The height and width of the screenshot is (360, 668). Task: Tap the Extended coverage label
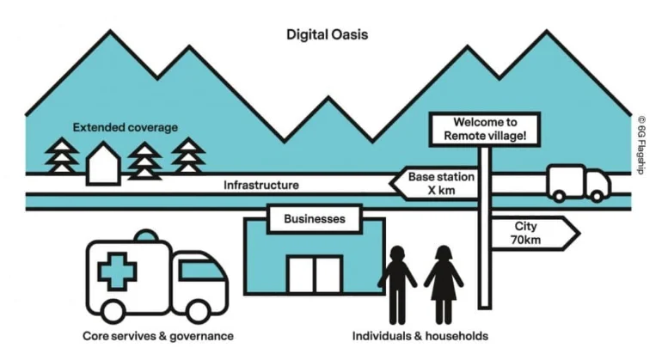tap(125, 128)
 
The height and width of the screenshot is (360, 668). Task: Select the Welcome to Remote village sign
tap(485, 129)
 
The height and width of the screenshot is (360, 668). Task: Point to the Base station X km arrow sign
tap(435, 183)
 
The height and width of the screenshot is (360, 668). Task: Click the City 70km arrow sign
tap(530, 232)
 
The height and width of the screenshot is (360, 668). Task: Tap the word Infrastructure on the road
tap(261, 185)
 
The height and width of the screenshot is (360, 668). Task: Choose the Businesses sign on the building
tap(315, 219)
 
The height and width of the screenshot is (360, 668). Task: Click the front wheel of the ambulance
tap(198, 307)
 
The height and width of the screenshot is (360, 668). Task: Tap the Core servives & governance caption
tap(157, 335)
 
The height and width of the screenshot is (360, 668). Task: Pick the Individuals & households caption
tap(420, 335)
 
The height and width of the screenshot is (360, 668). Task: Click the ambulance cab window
tap(205, 272)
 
